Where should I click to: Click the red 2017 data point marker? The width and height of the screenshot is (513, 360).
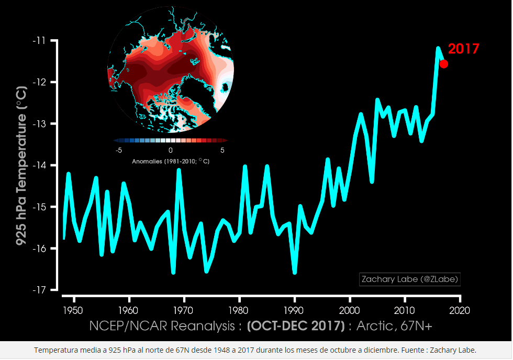443,64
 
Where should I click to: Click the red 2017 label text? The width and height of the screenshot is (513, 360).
463,49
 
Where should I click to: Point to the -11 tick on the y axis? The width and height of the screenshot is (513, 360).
40,41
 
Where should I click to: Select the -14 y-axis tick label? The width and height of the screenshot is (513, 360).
40,165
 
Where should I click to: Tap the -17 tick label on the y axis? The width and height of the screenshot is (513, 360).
40,290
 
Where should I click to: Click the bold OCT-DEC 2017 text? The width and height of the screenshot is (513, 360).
295,326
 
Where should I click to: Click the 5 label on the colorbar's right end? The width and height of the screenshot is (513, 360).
222,151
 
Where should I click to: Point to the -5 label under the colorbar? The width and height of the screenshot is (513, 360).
118,151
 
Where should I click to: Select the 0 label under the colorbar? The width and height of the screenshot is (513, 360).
171,151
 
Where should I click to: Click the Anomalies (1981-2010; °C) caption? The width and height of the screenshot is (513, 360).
171,161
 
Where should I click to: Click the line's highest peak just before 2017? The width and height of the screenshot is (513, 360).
438,48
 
